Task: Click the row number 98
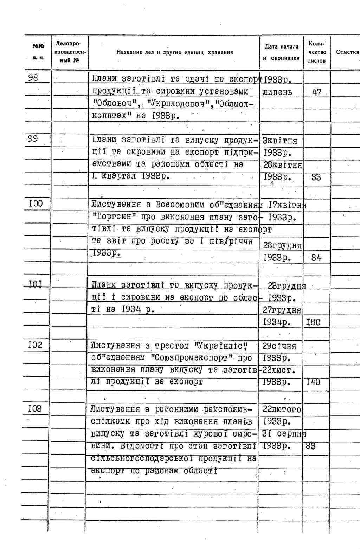(33, 77)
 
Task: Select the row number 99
(33, 139)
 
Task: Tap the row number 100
(35, 204)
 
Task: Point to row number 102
(35, 345)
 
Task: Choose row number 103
(35, 408)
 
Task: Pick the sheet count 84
(316, 258)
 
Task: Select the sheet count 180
(313, 322)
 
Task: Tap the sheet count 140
(313, 382)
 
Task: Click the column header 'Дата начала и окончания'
(281, 52)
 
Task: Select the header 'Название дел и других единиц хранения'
(175, 52)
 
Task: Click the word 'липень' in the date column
(277, 92)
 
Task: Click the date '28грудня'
(282, 246)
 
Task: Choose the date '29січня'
(279, 346)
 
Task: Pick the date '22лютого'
(282, 409)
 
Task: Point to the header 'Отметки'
(347, 52)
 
